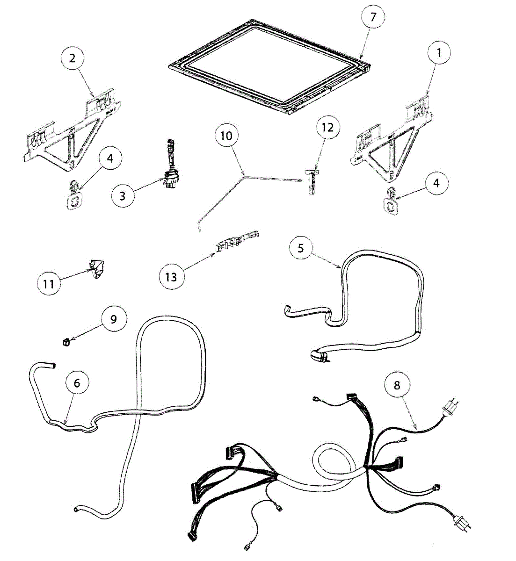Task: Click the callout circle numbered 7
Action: tap(373, 17)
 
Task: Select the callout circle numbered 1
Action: tap(438, 53)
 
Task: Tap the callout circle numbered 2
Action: tap(72, 58)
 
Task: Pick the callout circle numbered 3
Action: tap(123, 195)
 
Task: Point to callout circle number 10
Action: tap(226, 136)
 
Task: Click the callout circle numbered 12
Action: tap(328, 127)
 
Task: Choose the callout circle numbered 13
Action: tap(171, 277)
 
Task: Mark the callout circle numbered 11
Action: tap(49, 283)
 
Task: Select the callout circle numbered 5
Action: tap(300, 248)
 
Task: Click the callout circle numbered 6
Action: tap(77, 383)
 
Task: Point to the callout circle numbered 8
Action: tap(397, 386)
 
